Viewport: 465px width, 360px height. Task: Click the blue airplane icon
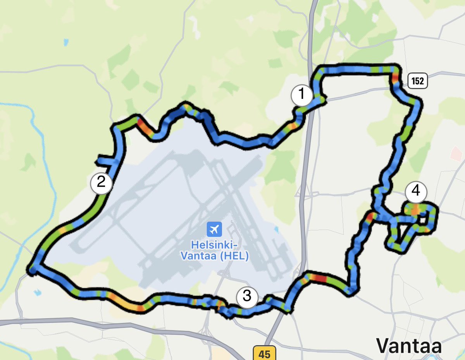tap(213, 229)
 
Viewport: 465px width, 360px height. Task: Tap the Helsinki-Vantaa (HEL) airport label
tap(215, 250)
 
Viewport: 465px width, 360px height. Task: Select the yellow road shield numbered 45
tap(264, 353)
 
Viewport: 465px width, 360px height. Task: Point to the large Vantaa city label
tap(409, 345)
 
